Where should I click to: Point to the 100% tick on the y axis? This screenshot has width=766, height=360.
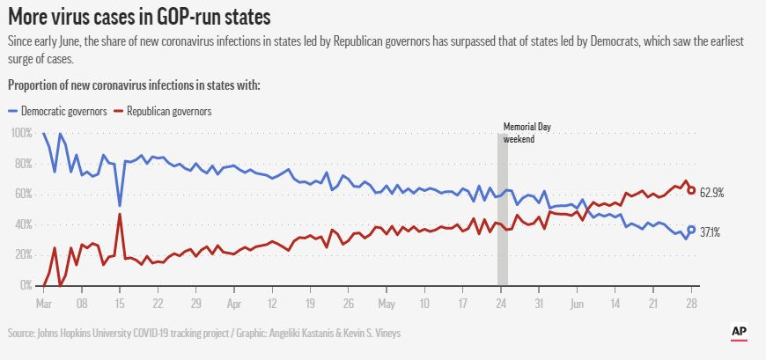[x=21, y=133]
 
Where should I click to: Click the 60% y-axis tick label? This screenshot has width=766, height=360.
[x=23, y=194]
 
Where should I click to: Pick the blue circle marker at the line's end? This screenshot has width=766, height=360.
[x=692, y=230]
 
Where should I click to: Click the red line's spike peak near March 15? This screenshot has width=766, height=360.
[x=120, y=214]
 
